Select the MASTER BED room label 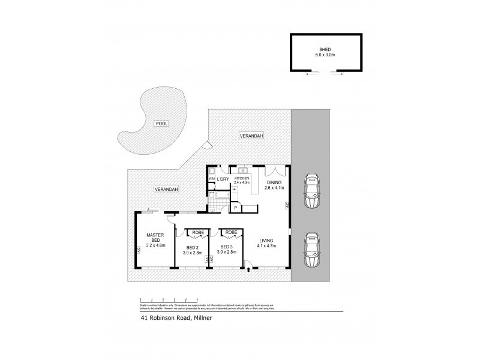click(155, 238)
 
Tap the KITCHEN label click(242, 178)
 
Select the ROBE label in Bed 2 click(196, 232)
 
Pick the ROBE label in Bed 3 click(231, 232)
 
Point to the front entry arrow click(248, 271)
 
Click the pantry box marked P click(236, 208)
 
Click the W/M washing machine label click(211, 179)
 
